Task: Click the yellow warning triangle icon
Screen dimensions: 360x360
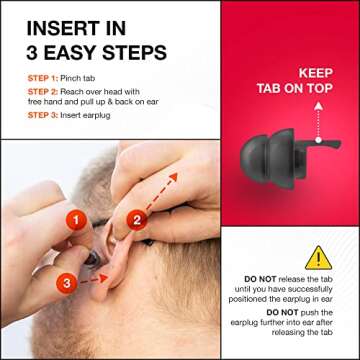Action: [x=318, y=258]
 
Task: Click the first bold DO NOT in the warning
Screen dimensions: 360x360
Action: [x=260, y=279]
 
